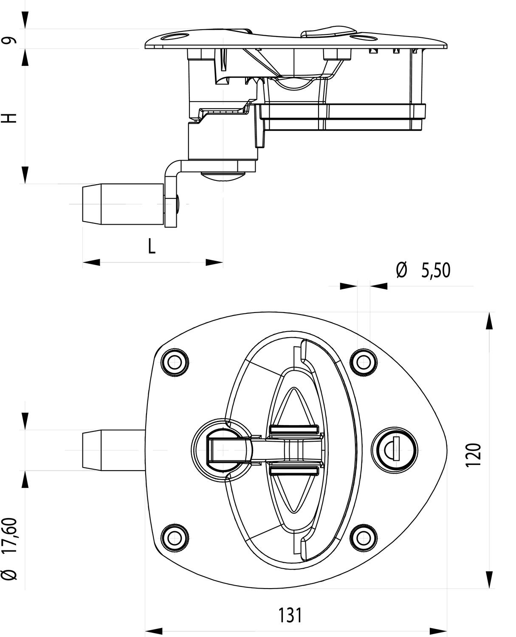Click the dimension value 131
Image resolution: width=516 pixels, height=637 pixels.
290,615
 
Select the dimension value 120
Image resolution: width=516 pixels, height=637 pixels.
474,455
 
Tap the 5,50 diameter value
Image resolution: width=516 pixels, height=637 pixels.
435,271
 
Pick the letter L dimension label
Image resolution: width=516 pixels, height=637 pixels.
152,246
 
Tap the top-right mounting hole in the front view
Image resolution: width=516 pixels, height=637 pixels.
363,362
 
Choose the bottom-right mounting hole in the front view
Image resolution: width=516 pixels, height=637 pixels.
363,538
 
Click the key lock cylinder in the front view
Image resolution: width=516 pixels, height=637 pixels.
394,450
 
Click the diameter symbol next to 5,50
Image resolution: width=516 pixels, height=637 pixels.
401,271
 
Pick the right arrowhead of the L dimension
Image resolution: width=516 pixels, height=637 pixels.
214,262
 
